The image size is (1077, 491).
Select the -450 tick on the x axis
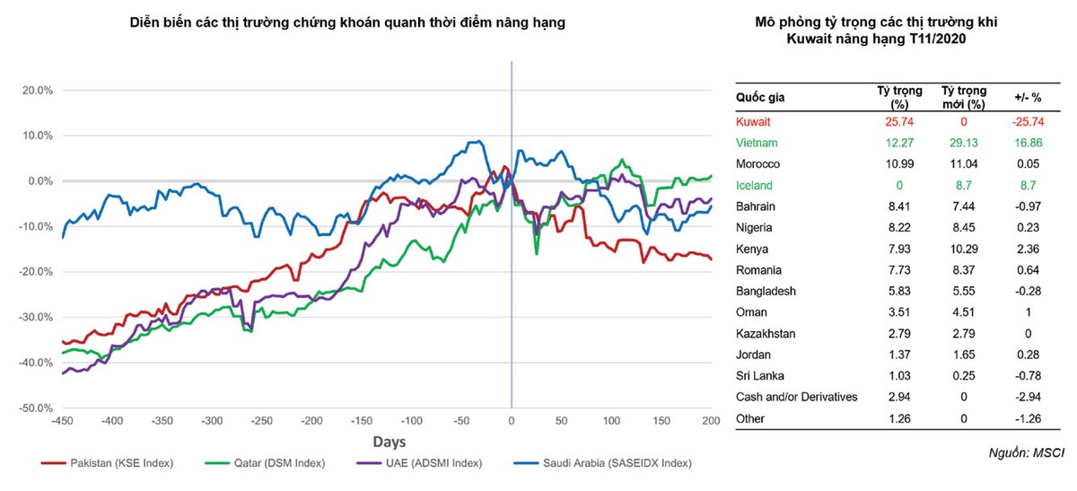pyautogui.click(x=62, y=421)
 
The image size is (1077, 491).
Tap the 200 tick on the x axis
pyautogui.click(x=710, y=421)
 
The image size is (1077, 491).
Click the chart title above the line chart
pyautogui.click(x=347, y=24)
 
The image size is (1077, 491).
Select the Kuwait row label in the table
pyautogui.click(x=753, y=121)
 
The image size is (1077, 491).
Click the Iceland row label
pyautogui.click(x=754, y=185)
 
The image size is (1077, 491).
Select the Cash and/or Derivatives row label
pyautogui.click(x=796, y=397)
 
